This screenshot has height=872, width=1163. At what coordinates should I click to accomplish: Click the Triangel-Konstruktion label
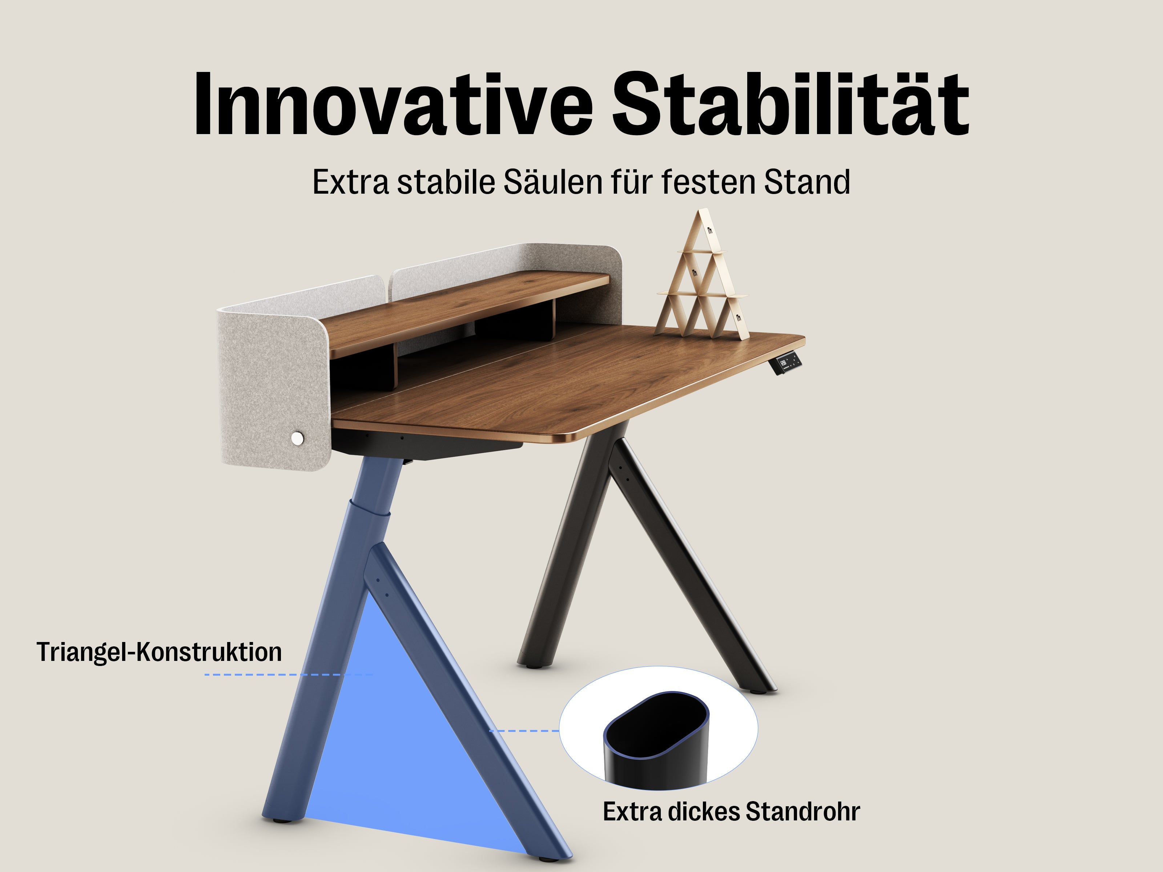[x=159, y=652]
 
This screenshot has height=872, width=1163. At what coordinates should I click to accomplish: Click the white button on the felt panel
[x=297, y=438]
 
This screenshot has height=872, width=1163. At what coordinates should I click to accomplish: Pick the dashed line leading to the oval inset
[x=524, y=731]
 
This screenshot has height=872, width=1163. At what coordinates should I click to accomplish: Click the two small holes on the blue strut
[x=382, y=588]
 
